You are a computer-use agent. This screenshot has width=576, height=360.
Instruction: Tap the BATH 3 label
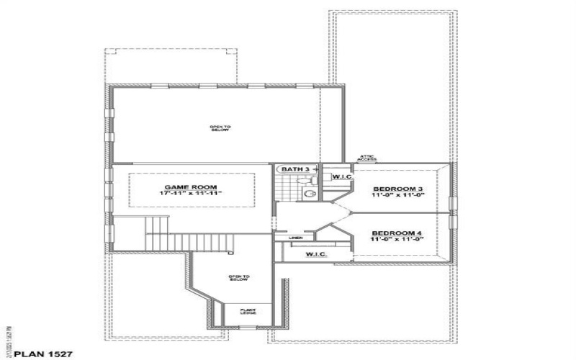click(295, 169)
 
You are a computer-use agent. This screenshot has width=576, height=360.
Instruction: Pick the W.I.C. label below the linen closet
click(317, 254)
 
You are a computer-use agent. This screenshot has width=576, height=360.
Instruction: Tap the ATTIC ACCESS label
click(368, 158)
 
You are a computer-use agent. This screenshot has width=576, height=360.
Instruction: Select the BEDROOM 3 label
click(397, 189)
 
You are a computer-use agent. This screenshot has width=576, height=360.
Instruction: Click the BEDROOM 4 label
click(397, 233)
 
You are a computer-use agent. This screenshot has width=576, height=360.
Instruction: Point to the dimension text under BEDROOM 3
click(397, 196)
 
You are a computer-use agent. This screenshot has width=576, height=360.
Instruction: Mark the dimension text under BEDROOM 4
click(397, 240)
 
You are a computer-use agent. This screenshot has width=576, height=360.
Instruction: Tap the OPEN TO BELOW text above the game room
click(220, 129)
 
